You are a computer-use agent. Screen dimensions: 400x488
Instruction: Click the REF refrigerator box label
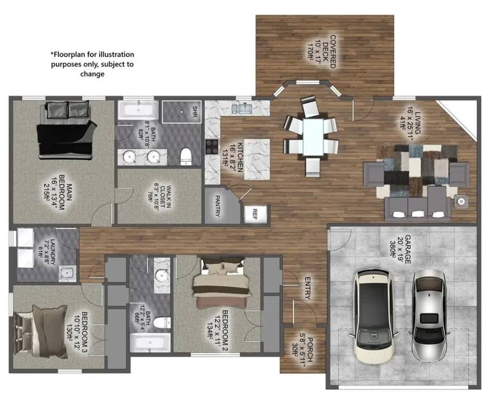[251, 214]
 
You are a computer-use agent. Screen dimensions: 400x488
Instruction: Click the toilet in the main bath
[186, 155]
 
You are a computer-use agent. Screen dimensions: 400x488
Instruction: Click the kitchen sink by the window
[242, 109]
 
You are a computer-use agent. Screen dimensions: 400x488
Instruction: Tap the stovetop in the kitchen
[211, 147]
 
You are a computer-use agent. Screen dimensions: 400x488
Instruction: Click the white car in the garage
[374, 316]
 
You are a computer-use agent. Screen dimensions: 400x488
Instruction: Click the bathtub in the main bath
[138, 110]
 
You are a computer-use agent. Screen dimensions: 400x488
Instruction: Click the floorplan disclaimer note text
[92, 64]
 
